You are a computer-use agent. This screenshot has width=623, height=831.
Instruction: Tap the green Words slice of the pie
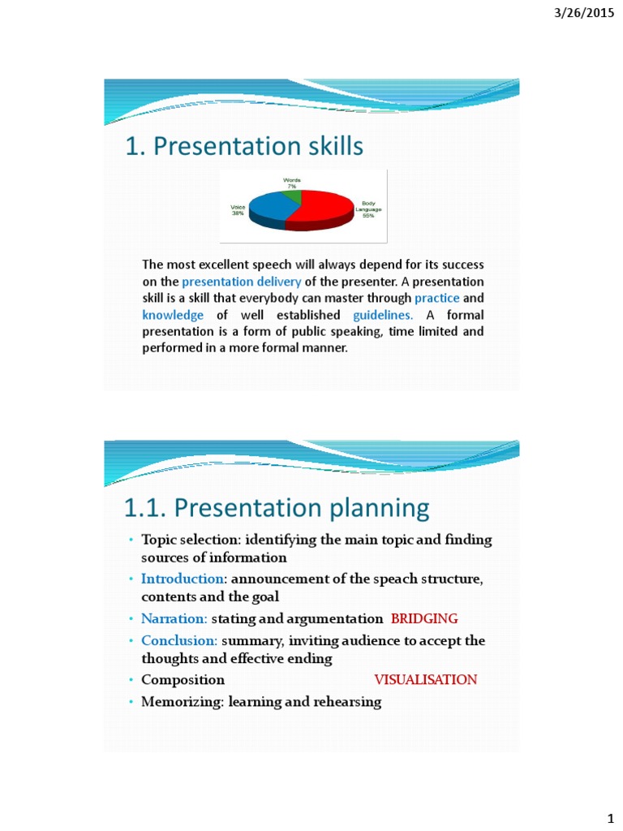tap(294, 195)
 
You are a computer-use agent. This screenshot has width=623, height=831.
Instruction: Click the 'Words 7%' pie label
tap(291, 183)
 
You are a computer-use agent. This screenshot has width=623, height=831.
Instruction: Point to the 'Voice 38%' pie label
tap(238, 210)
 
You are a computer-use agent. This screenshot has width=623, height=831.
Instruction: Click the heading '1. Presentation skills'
tap(244, 146)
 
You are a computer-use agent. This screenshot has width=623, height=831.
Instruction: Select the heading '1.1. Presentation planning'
tap(277, 508)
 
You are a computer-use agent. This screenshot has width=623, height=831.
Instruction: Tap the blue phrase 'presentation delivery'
tap(242, 282)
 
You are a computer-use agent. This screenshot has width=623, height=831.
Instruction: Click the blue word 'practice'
tap(437, 298)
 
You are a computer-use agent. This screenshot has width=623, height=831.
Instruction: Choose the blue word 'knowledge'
tap(173, 315)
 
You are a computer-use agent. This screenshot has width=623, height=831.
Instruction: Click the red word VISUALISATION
tap(425, 680)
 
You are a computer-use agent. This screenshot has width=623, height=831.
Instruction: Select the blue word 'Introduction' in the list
tap(182, 579)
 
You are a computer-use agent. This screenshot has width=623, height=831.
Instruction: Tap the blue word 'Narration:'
tap(174, 619)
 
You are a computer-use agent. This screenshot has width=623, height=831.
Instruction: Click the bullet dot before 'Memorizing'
tap(130, 703)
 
